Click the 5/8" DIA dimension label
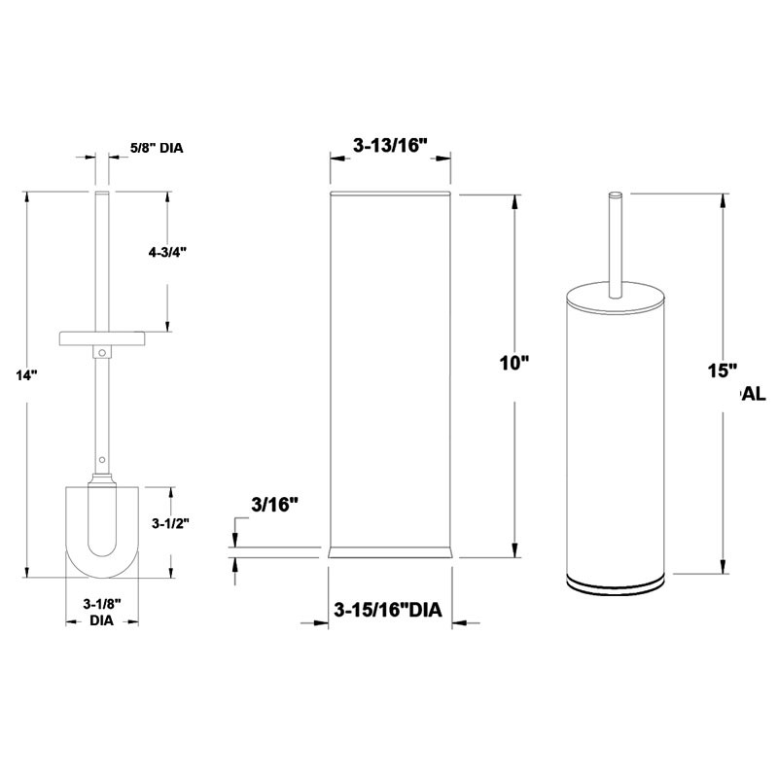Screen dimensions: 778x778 [157, 149]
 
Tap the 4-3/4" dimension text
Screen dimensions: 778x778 [167, 252]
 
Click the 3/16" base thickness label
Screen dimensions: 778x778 [273, 504]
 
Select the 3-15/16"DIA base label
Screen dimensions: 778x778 [388, 611]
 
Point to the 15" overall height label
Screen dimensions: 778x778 [723, 371]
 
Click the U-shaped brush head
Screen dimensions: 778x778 [102, 530]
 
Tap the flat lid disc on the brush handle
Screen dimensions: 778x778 [102, 337]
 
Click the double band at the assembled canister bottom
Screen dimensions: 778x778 [615, 583]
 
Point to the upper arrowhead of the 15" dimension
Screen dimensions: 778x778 [723, 200]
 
